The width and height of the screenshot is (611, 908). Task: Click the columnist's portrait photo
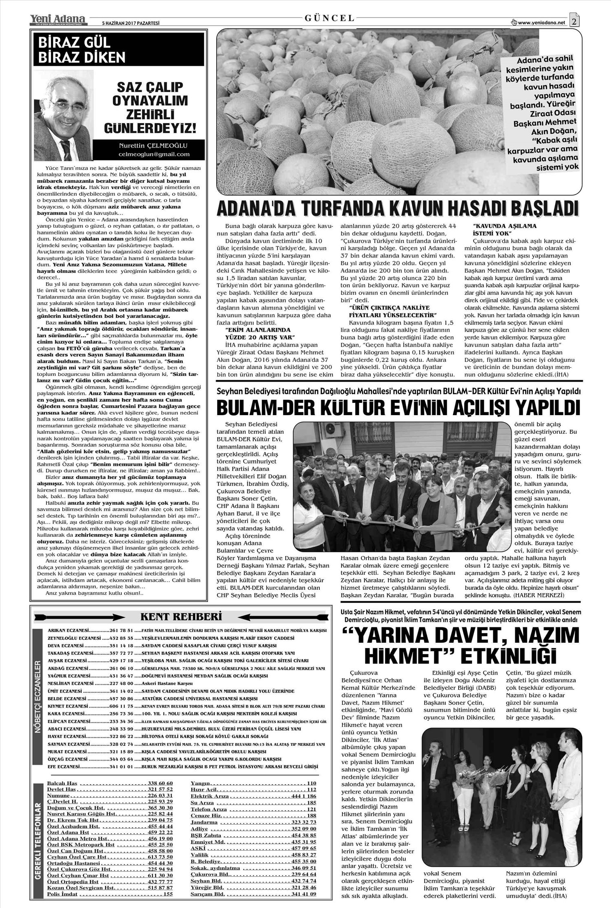[65, 116]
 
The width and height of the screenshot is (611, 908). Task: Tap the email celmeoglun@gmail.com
[154, 154]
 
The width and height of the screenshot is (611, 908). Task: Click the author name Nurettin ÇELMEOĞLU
[154, 145]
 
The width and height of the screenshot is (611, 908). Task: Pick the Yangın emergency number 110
[312, 783]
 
